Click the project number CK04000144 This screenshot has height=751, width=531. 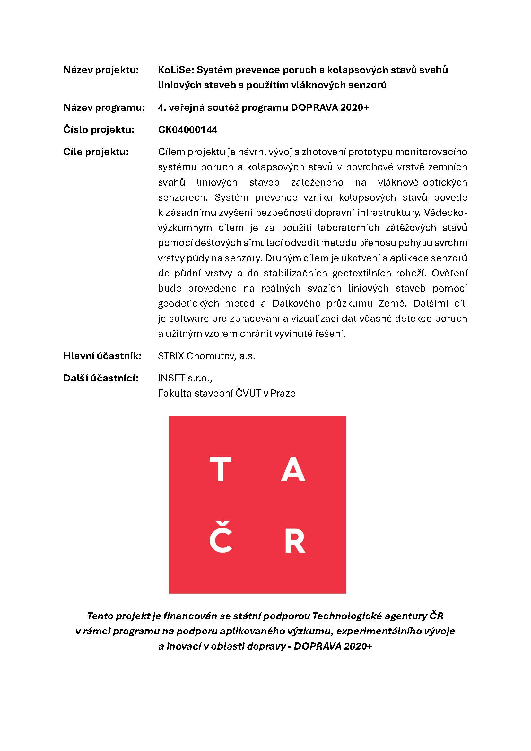pyautogui.click(x=187, y=130)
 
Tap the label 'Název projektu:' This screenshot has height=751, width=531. pyautogui.click(x=101, y=70)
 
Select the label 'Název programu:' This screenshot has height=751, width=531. pyautogui.click(x=104, y=108)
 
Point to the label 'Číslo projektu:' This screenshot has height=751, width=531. pyautogui.click(x=99, y=130)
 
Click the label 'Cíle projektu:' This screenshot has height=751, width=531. pyautogui.click(x=96, y=152)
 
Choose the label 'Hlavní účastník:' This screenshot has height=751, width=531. pyautogui.click(x=102, y=356)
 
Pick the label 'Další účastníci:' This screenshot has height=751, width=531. pyautogui.click(x=101, y=379)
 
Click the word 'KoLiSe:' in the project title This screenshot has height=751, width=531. pyautogui.click(x=176, y=70)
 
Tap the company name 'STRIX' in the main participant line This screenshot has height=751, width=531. pyautogui.click(x=171, y=356)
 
